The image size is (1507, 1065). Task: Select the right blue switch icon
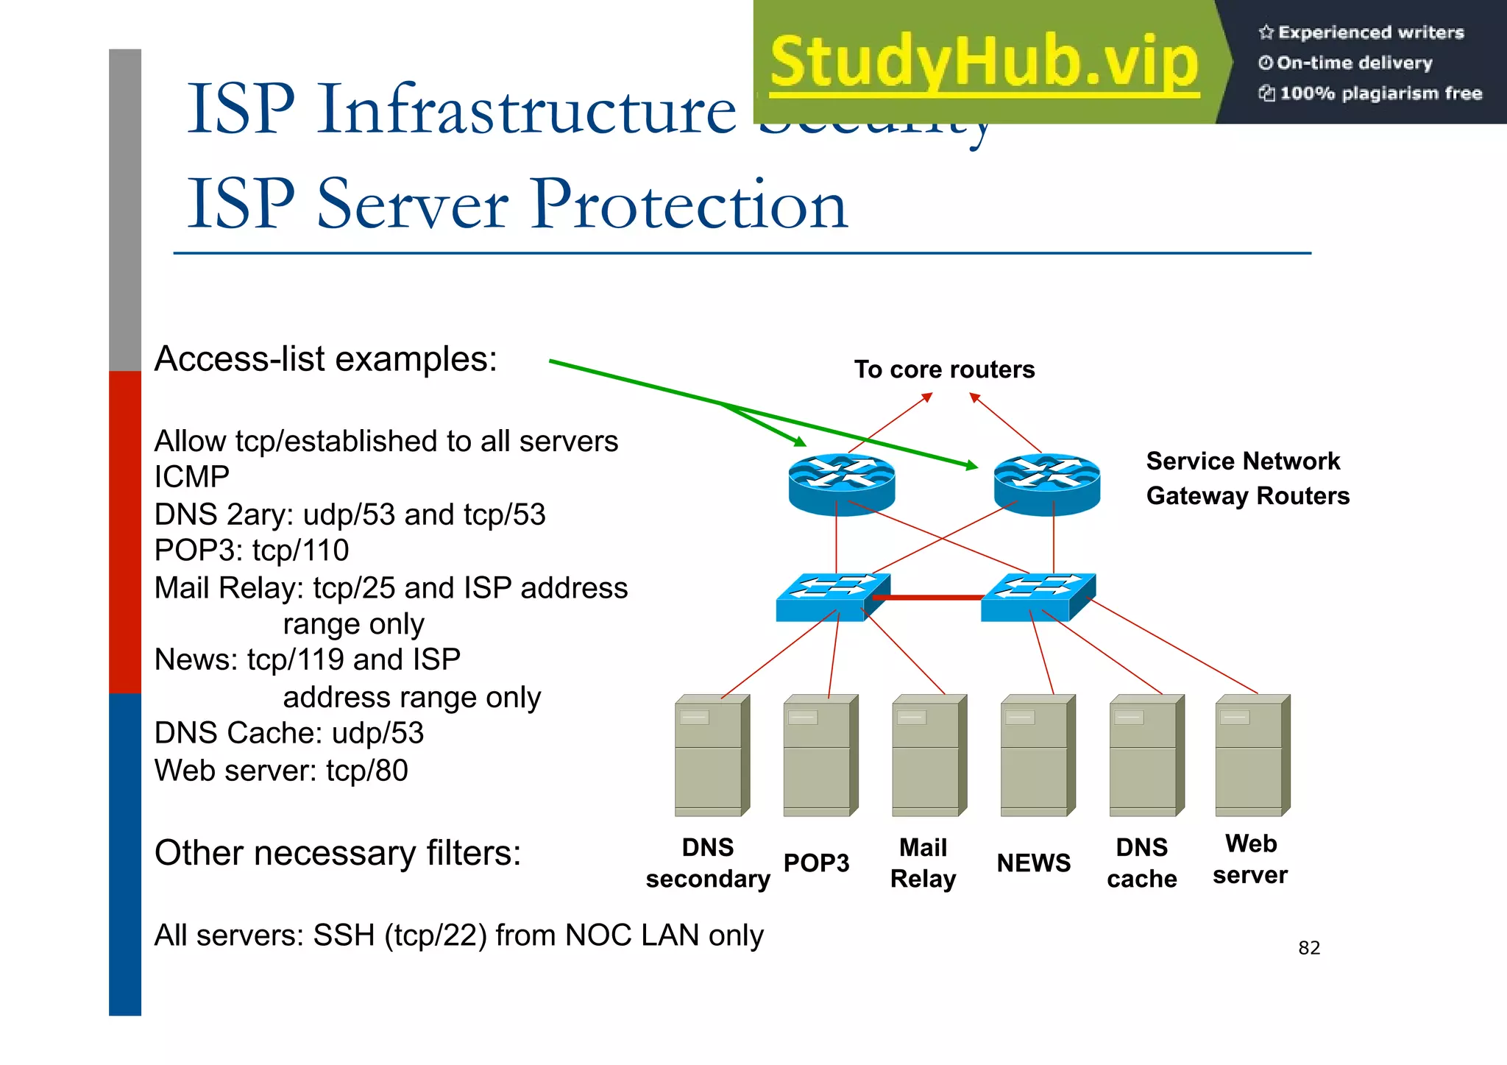pyautogui.click(x=1038, y=597)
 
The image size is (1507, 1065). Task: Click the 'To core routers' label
pyautogui.click(x=944, y=369)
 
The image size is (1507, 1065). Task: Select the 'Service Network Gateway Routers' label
pyautogui.click(x=1247, y=478)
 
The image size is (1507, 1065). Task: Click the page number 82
pyautogui.click(x=1309, y=948)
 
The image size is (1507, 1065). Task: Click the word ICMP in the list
pyautogui.click(x=191, y=477)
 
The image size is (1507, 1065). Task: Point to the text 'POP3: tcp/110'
pyautogui.click(x=252, y=551)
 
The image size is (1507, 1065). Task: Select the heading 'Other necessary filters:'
pyautogui.click(x=338, y=853)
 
